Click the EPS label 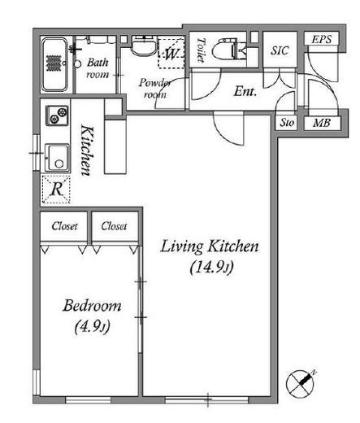coord(321,40)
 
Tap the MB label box coord(322,124)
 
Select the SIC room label coord(280,50)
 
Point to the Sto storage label coord(287,123)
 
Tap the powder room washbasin coord(145,45)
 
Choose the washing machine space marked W coord(171,54)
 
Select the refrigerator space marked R coord(56,190)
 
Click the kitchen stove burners coord(58,116)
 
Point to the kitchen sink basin coord(57,158)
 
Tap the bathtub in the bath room coord(54,64)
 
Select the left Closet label coord(64,226)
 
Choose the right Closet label coord(114,226)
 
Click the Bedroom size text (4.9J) coord(92,327)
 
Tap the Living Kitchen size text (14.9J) coord(211,268)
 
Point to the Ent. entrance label coord(245,91)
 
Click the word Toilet coord(201,50)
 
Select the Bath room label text coord(98,68)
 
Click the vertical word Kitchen coord(87,150)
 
